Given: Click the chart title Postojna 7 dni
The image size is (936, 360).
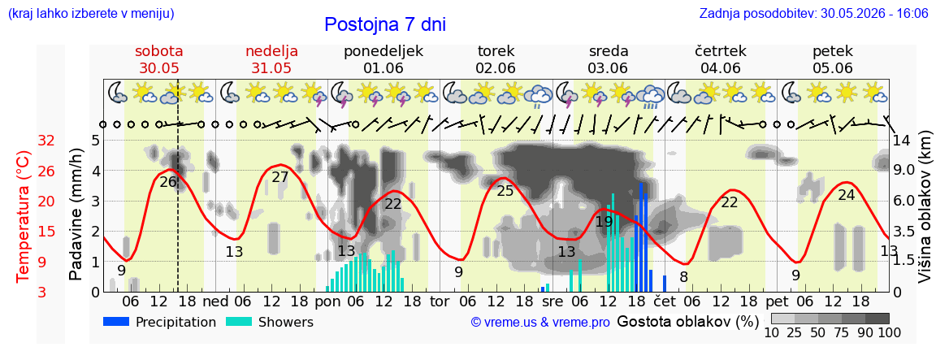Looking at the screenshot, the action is (385, 24).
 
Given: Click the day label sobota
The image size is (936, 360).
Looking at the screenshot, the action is (158, 50).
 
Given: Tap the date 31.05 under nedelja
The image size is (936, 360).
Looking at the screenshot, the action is (271, 68).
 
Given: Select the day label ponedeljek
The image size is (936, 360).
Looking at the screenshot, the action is (383, 51).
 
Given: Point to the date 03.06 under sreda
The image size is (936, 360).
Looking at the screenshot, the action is (609, 68).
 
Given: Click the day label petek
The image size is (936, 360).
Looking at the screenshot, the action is (833, 51).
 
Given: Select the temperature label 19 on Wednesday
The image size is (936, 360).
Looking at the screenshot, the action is (604, 222).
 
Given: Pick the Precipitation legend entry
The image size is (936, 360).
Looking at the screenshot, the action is (159, 323).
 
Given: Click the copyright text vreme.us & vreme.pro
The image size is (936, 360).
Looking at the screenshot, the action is (540, 323).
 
